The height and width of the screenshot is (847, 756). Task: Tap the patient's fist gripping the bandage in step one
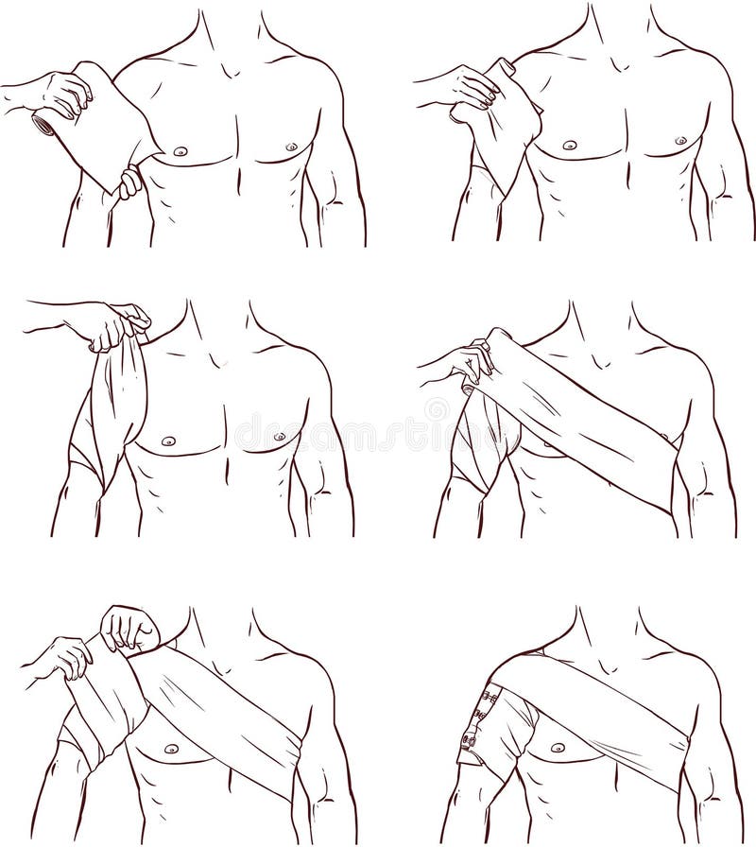click(x=130, y=182)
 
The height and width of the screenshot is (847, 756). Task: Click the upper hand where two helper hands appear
click(x=130, y=628)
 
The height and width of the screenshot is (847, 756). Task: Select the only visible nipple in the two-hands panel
click(x=171, y=749)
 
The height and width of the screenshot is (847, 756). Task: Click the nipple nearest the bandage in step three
click(x=168, y=441)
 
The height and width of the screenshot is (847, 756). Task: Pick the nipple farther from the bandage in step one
click(x=290, y=147)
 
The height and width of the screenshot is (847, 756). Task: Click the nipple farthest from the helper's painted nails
click(x=679, y=141)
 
